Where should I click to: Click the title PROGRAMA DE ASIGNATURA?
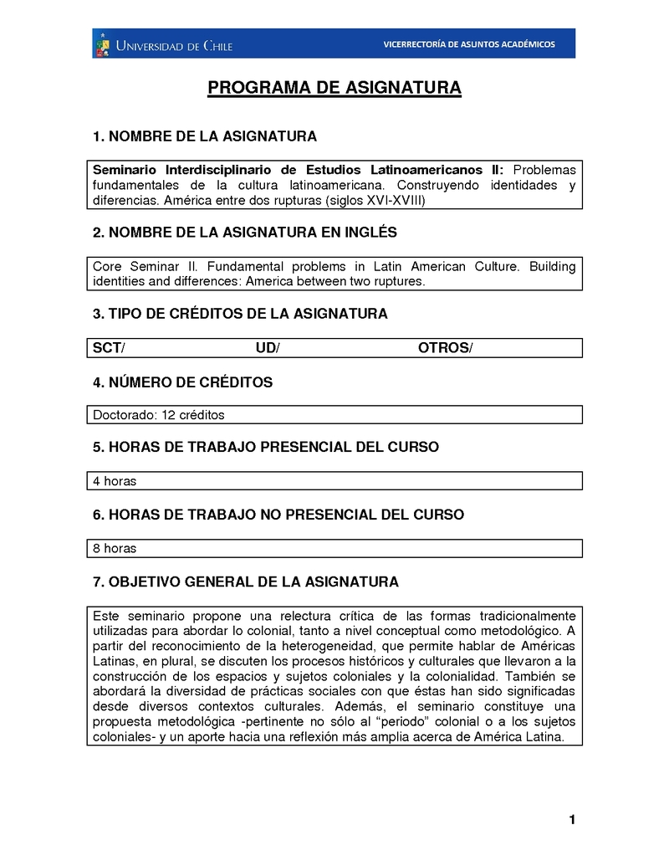334,88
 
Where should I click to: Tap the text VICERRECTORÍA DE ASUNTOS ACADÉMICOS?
468,44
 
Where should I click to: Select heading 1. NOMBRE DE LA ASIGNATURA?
205,136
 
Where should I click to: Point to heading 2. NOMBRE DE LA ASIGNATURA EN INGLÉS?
245,232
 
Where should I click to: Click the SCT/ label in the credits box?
109,348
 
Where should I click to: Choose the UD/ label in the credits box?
268,348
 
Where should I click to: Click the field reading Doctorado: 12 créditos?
159,415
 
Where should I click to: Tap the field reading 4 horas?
115,481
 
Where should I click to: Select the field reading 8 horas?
115,549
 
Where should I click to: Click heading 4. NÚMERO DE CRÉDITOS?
183,382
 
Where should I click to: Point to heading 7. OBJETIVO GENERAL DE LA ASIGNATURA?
246,582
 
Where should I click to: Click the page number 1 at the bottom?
572,820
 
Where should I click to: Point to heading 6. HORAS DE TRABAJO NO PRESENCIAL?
278,514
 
